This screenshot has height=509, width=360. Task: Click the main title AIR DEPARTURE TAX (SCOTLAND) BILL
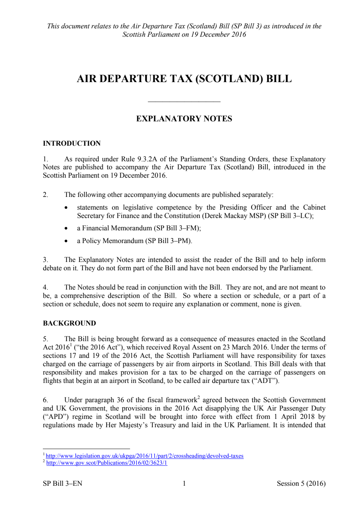point(184,79)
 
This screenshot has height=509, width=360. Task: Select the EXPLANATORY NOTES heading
point(184,119)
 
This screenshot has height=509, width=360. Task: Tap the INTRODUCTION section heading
point(72,144)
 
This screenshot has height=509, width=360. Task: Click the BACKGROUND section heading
point(69,323)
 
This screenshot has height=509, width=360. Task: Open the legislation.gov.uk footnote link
point(145,456)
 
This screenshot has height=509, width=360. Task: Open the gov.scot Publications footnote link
point(107,463)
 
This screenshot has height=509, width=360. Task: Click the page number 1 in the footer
point(184,484)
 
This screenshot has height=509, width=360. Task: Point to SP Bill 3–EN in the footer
point(62,484)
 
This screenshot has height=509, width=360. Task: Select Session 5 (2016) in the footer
point(301,484)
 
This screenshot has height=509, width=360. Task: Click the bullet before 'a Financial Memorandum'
point(66,229)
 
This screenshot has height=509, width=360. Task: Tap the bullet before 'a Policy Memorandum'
point(66,241)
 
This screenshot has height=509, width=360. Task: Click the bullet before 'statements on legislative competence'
point(66,208)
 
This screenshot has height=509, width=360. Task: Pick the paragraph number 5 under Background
point(45,339)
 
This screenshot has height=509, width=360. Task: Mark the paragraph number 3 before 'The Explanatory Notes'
point(45,260)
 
